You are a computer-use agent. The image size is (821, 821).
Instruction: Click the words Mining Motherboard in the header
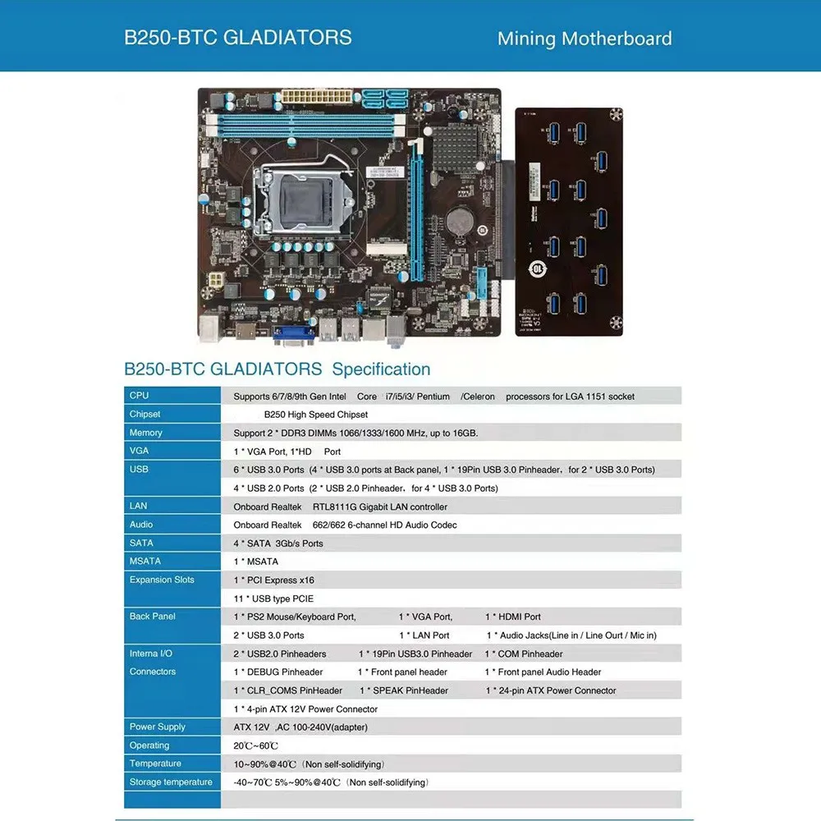pos(585,39)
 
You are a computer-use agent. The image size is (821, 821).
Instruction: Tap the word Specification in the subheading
pos(381,369)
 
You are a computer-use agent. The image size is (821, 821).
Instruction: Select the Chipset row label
pos(145,415)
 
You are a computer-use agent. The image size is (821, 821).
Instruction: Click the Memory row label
pos(146,433)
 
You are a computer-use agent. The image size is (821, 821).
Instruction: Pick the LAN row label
pos(138,506)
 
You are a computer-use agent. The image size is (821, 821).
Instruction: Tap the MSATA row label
pos(145,562)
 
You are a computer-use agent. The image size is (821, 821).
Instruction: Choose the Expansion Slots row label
pos(162,580)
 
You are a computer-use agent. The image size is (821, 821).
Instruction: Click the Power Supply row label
pos(158,727)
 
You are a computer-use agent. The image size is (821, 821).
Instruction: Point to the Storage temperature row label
pos(171,782)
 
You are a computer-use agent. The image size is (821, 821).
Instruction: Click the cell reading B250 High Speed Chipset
pos(316,415)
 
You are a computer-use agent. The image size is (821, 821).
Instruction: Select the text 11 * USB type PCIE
pos(273,599)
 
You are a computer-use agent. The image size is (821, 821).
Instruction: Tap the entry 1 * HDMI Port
pos(513,617)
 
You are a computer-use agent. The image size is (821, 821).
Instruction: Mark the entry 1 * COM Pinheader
pos(524,654)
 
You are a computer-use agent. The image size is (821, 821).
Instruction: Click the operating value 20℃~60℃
pos(256,745)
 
